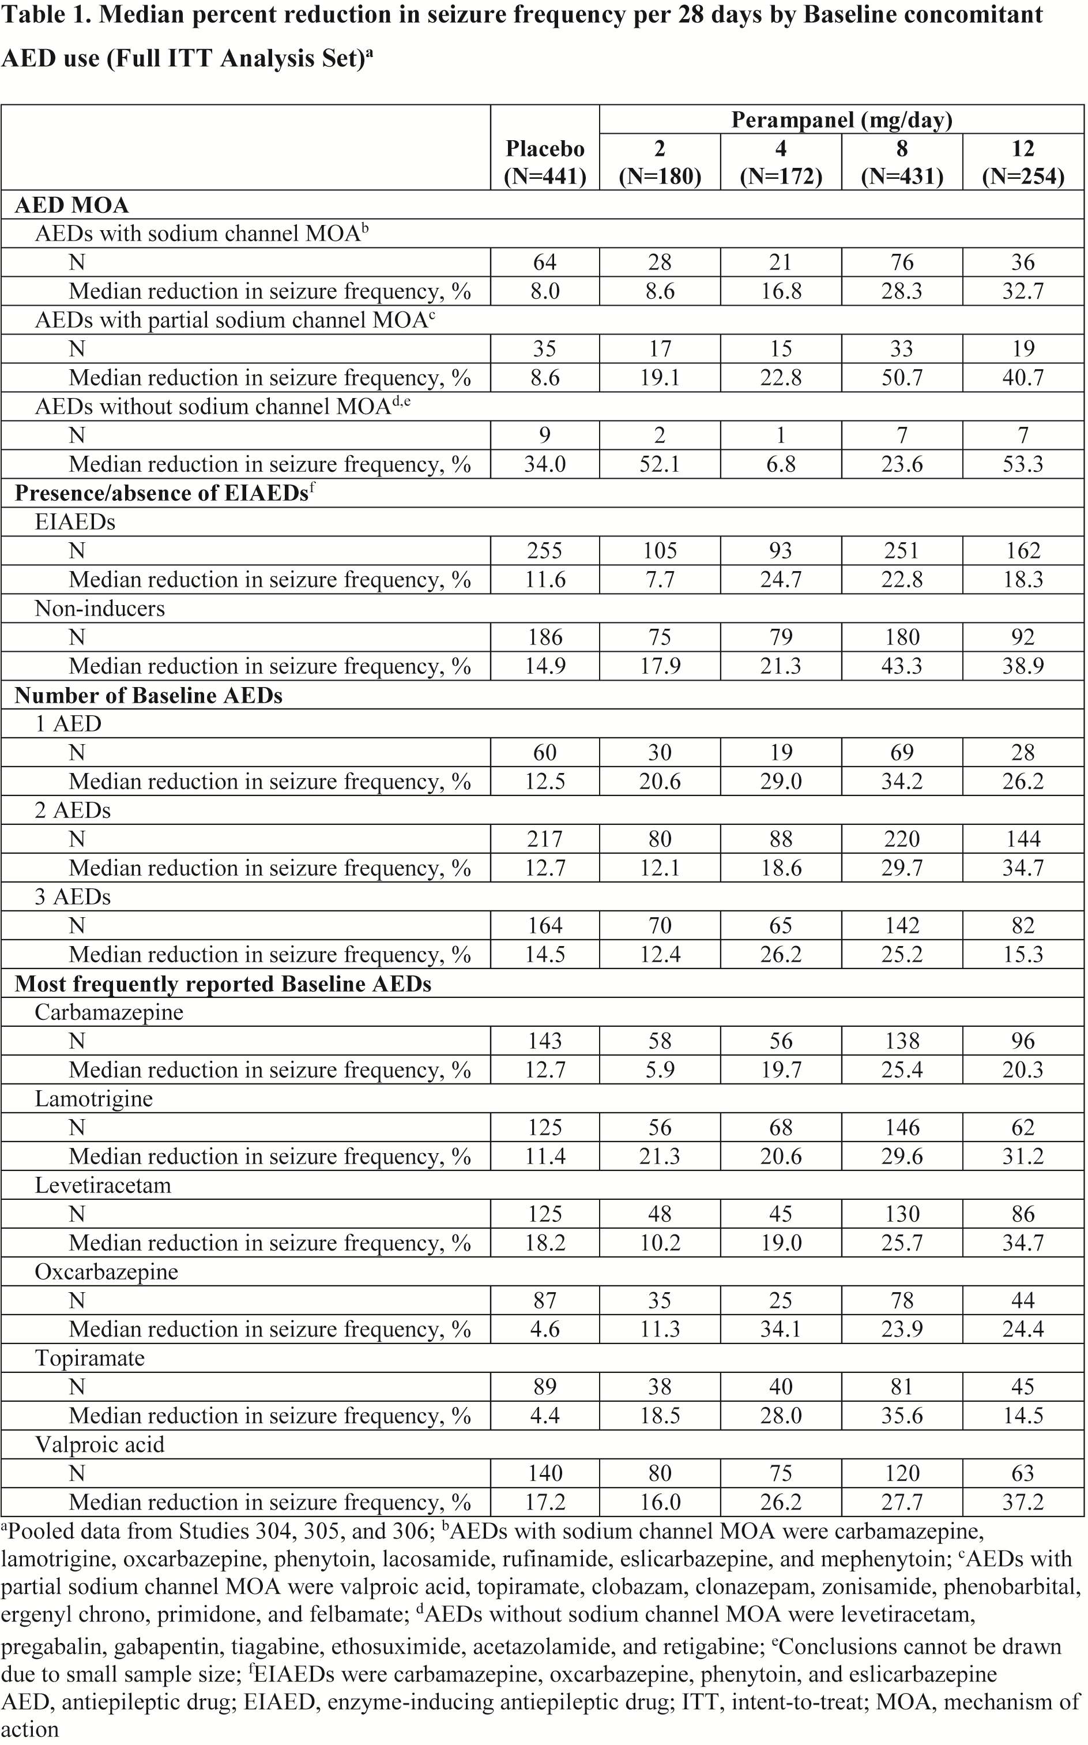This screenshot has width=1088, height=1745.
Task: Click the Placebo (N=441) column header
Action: pyautogui.click(x=545, y=162)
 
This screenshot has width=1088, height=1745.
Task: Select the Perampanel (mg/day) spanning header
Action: pyautogui.click(x=841, y=119)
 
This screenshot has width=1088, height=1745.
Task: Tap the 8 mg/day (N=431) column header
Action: pyautogui.click(x=902, y=162)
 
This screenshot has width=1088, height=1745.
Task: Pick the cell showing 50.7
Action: pyautogui.click(x=902, y=377)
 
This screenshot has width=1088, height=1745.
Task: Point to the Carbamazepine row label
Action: pyautogui.click(x=108, y=1012)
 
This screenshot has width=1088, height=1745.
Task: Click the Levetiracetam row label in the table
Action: pyautogui.click(x=103, y=1185)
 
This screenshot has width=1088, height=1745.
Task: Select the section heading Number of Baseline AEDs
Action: pyautogui.click(x=148, y=696)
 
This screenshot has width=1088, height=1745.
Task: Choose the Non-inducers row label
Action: pyautogui.click(x=99, y=609)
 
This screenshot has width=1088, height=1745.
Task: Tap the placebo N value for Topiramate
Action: pyautogui.click(x=545, y=1387)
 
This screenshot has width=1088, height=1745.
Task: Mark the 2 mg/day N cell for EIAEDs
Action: pyautogui.click(x=660, y=551)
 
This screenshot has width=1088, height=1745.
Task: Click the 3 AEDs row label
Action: pyautogui.click(x=73, y=896)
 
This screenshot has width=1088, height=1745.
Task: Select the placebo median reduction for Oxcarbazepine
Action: pyautogui.click(x=545, y=1329)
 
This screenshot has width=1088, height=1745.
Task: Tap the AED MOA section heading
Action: pyautogui.click(x=71, y=205)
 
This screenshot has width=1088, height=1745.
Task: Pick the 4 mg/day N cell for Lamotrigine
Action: pyautogui.click(x=781, y=1127)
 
